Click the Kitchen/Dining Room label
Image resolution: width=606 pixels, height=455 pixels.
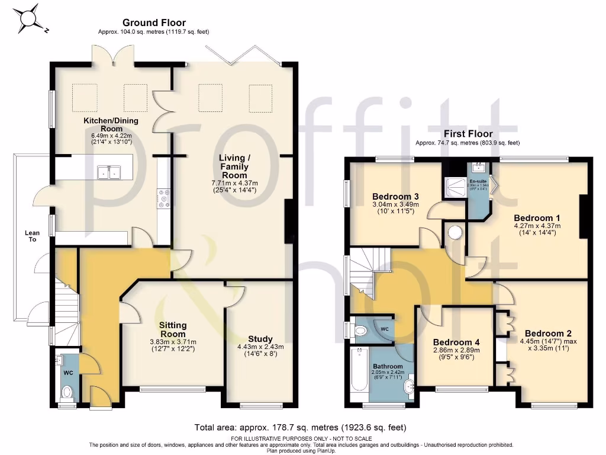(111, 124)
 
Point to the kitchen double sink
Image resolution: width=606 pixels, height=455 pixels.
(108, 172)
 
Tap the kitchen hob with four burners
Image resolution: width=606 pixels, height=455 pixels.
(163, 198)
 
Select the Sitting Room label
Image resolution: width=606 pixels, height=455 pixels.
(172, 329)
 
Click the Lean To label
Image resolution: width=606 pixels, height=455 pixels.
(31, 236)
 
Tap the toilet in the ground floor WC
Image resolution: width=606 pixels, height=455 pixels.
(67, 390)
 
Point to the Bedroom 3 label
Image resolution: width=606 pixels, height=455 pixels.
(396, 197)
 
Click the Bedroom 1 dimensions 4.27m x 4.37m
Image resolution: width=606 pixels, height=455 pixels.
(537, 226)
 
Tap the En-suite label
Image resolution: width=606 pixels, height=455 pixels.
(478, 181)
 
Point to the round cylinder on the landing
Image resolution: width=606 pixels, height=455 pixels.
(455, 232)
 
